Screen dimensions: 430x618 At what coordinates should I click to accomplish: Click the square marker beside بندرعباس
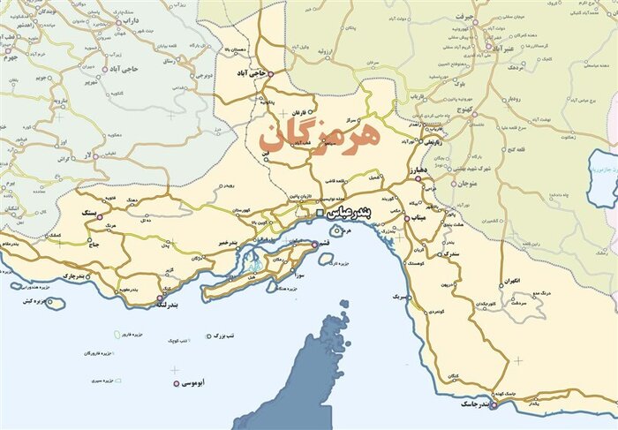point(320,213)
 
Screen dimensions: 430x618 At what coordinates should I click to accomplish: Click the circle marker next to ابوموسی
point(177,383)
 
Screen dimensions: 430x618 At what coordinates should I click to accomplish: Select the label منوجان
point(467,184)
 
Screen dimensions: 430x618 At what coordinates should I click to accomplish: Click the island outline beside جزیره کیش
point(56,303)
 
